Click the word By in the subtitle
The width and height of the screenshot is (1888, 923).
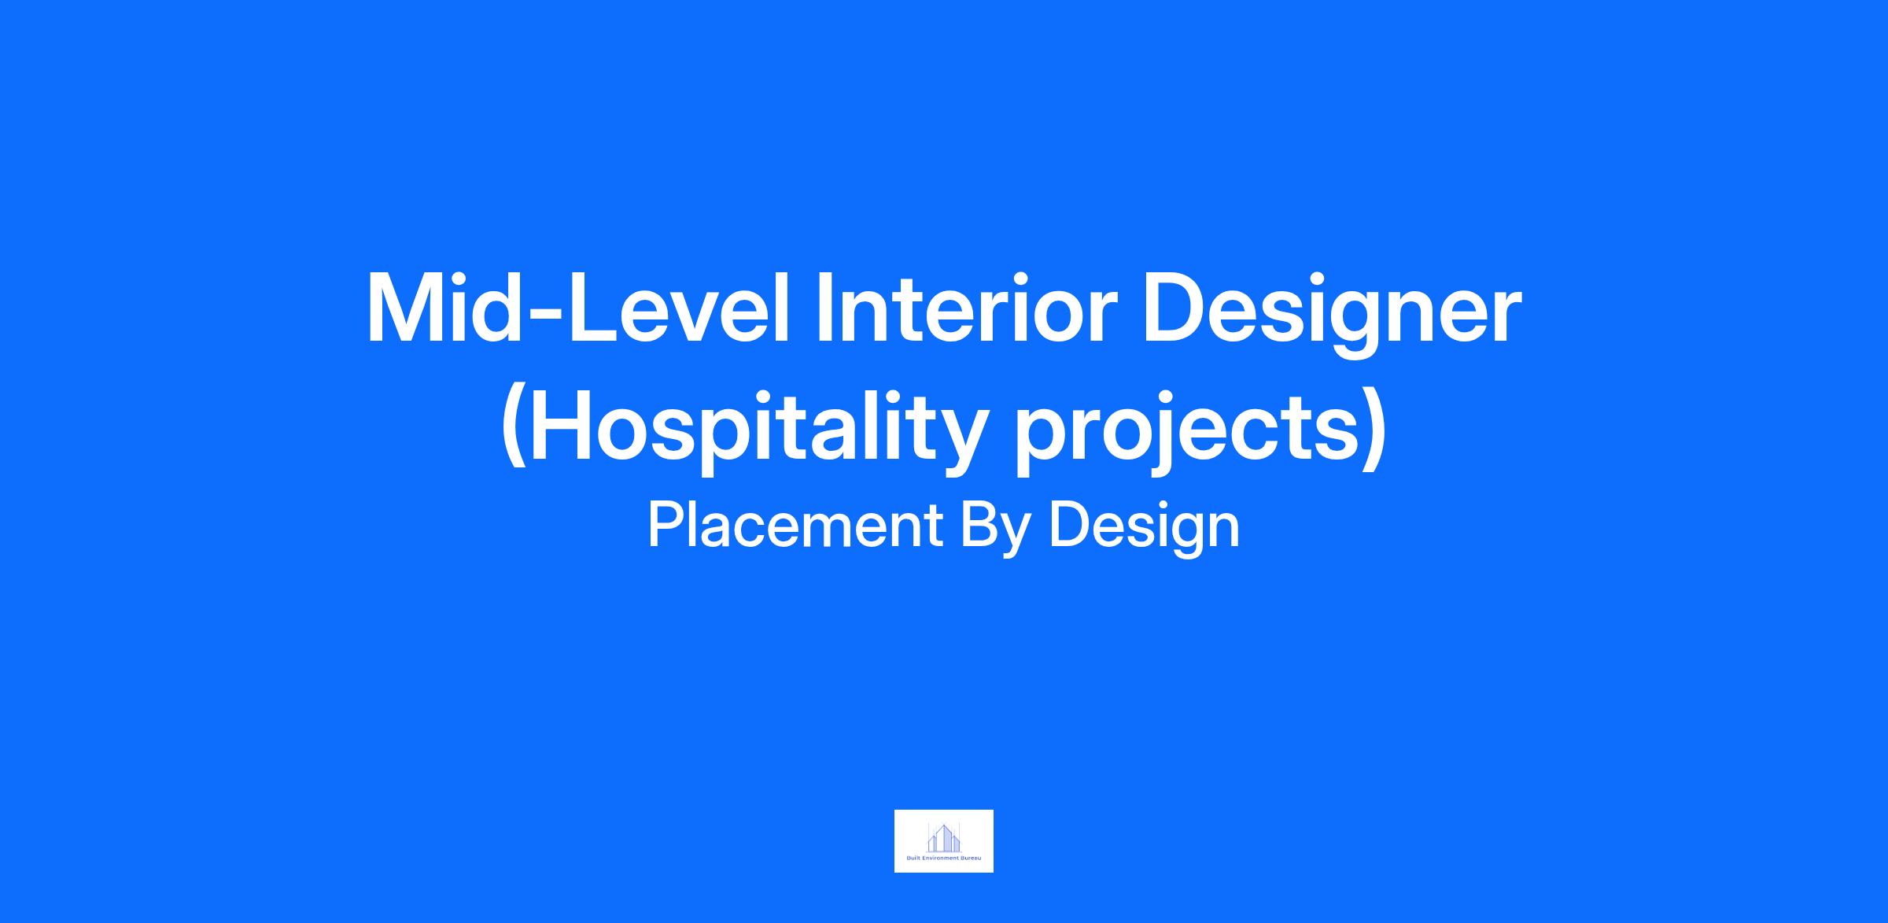tap(995, 530)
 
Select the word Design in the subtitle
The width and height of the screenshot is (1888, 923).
tap(1144, 530)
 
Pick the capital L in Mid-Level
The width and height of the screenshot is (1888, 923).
tap(594, 308)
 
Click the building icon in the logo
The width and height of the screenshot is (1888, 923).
tap(944, 837)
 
